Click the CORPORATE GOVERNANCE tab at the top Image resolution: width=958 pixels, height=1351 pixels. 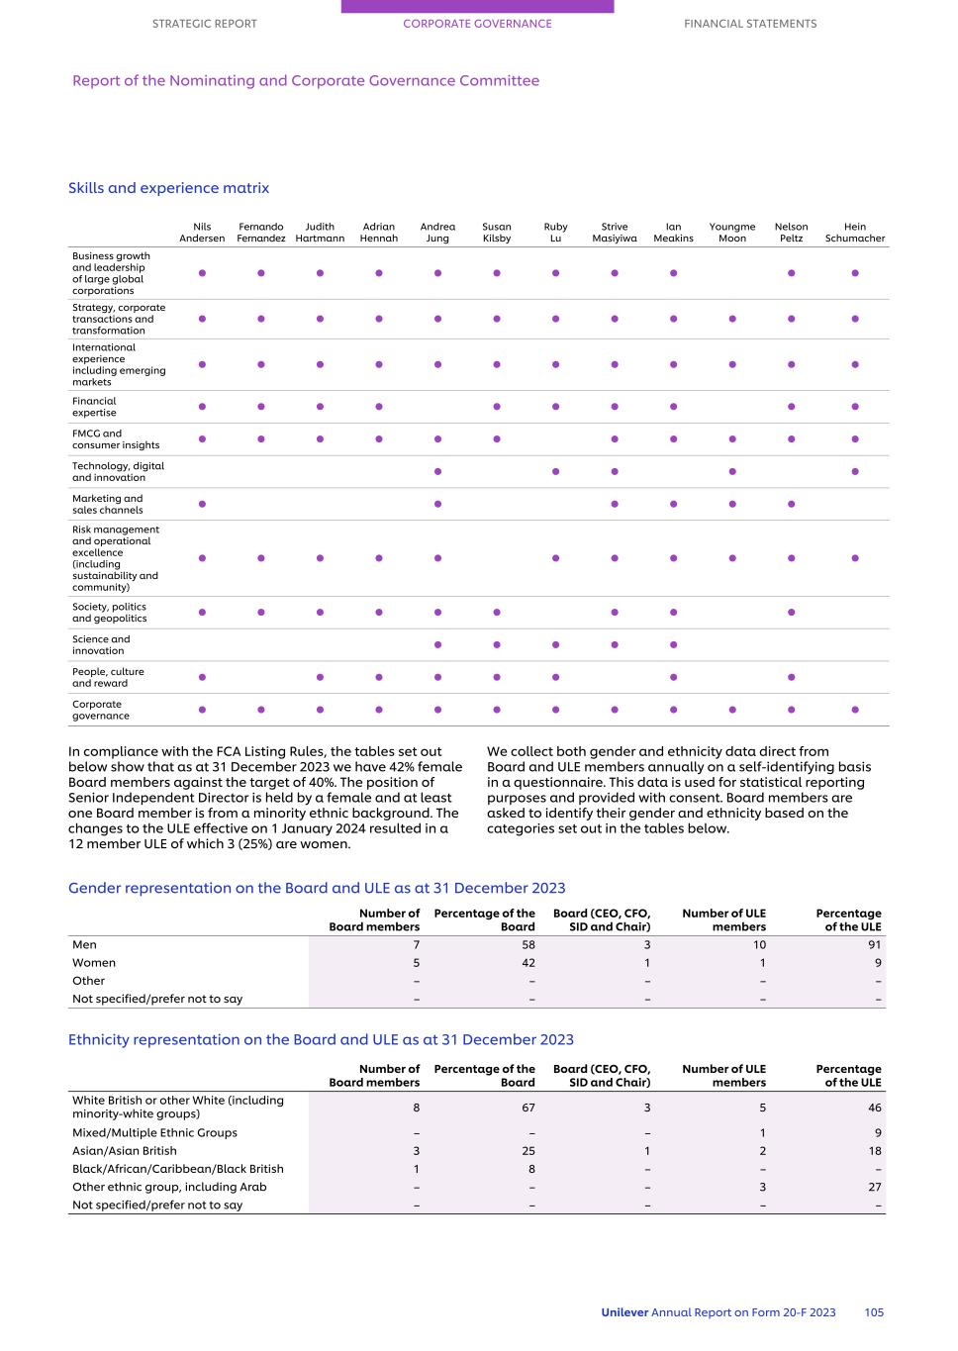(477, 24)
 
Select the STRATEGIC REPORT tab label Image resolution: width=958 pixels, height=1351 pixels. (204, 24)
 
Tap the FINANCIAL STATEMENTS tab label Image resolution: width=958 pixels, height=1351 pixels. (750, 24)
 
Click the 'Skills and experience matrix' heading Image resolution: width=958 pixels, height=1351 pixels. (168, 188)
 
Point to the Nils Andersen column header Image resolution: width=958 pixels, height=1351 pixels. (202, 233)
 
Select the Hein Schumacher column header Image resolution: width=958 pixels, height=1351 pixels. (855, 233)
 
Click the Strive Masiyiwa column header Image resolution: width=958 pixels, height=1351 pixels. (615, 233)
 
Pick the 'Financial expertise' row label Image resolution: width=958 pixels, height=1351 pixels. (94, 407)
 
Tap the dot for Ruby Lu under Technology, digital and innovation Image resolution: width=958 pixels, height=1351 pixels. (556, 471)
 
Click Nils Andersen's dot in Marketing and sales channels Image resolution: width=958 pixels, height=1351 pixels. (202, 504)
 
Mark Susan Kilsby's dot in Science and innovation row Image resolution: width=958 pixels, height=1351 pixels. (497, 645)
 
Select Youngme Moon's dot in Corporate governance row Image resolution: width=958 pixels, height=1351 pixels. (732, 710)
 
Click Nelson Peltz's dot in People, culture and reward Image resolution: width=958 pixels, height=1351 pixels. (792, 677)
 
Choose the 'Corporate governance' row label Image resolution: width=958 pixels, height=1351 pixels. (100, 710)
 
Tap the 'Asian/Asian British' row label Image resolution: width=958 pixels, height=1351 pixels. (125, 1151)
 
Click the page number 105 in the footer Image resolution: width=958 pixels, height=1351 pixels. (874, 1312)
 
